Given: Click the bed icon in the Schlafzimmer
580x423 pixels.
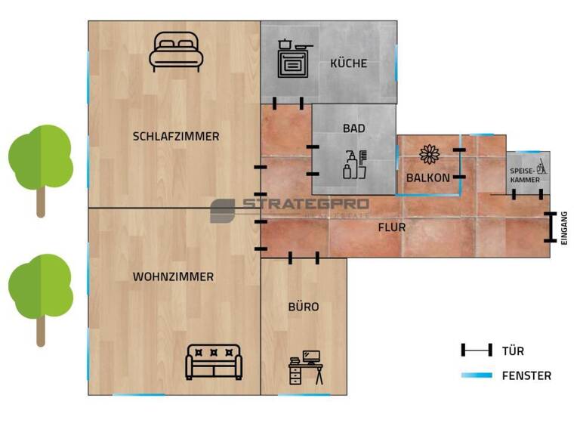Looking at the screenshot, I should (x=176, y=51).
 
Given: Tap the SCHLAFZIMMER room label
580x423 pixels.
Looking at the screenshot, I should (x=176, y=137).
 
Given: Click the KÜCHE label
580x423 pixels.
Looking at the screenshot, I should (x=348, y=63).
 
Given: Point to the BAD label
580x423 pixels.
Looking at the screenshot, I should (x=353, y=128).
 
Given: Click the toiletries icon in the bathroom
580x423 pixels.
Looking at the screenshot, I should (x=355, y=165).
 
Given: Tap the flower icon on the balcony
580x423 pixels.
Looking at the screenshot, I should (x=430, y=154).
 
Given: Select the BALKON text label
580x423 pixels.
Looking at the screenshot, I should (x=427, y=178).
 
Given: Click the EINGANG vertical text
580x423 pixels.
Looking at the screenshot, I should (x=563, y=227).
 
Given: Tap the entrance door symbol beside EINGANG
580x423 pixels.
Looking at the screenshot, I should (x=550, y=227).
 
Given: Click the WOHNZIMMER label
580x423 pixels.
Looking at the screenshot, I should (x=173, y=277).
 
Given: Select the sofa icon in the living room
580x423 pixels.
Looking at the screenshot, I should (x=214, y=362).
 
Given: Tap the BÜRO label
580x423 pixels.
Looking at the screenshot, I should (x=304, y=307).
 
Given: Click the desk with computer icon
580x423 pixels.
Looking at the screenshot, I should (x=306, y=368).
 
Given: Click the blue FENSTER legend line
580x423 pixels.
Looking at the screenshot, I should (x=476, y=375).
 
